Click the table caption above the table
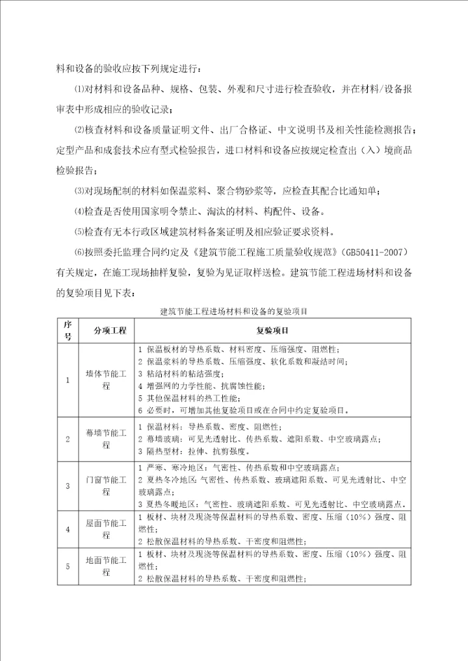click(233, 312)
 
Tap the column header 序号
click(67, 330)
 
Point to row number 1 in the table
click(67, 380)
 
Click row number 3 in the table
click(67, 485)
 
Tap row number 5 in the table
click(67, 567)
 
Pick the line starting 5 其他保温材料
click(195, 398)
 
